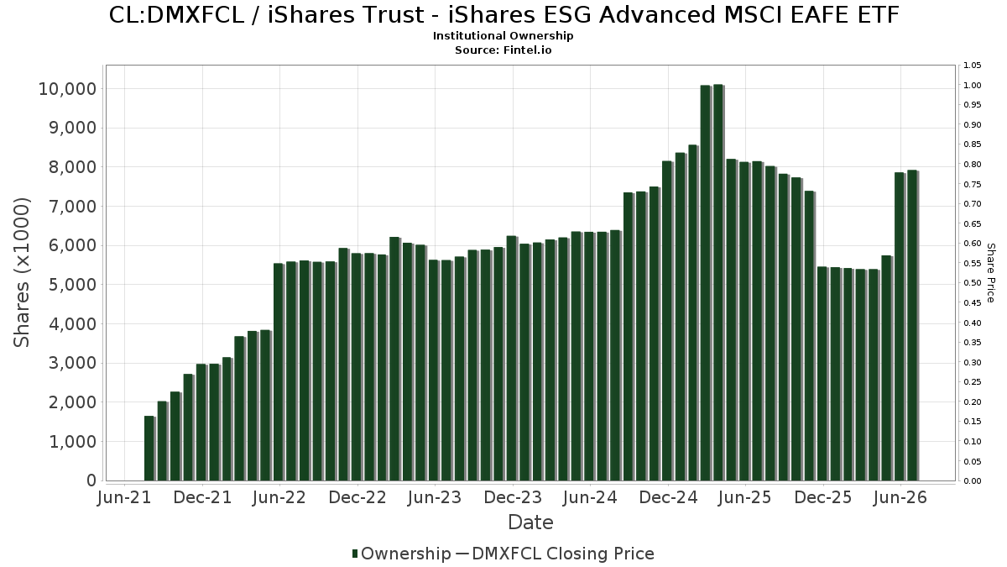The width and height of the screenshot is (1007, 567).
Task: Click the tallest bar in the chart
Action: coord(718,282)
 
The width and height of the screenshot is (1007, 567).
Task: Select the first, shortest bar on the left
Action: coord(149,449)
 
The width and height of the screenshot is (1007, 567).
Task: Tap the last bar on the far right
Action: coord(913,325)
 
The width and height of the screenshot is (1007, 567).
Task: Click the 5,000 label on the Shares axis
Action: coord(73,285)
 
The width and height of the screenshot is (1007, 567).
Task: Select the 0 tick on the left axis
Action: coord(91,480)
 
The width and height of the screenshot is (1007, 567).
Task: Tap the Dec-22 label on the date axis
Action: coord(357,497)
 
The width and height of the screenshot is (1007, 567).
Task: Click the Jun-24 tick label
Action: coord(590,497)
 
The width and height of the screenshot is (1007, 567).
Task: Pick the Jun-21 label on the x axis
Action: coord(124,497)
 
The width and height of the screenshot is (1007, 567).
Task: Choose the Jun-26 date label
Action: coord(900,497)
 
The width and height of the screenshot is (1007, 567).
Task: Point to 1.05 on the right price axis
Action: coord(972,66)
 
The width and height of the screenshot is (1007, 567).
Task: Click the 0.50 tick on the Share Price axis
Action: coord(972,283)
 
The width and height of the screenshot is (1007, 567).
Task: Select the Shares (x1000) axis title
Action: coord(21,273)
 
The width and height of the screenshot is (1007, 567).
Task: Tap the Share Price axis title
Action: coord(990,273)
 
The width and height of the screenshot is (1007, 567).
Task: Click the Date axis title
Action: coord(530,522)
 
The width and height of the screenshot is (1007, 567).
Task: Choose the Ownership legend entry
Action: coord(401,554)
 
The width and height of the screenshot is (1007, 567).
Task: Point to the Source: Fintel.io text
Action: coord(503,50)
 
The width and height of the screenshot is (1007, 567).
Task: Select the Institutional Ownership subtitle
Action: coord(503,36)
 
